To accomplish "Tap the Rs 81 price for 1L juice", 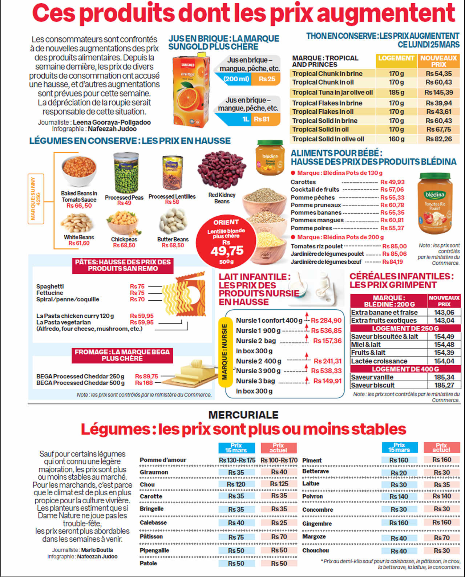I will [262, 119].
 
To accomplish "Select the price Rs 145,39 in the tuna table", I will [439, 93].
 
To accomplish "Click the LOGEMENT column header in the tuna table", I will [396, 58].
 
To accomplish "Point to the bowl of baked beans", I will [79, 171].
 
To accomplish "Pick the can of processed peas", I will [126, 172].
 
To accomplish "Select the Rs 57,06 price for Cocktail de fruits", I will [392, 190].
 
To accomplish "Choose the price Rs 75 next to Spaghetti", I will [137, 287].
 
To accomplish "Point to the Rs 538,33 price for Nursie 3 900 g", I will [326, 371].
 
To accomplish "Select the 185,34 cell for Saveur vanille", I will [444, 377].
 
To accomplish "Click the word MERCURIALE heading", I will [243, 415].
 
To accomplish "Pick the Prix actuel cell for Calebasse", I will [279, 523].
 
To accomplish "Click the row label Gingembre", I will [317, 524].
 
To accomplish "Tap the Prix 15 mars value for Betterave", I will [399, 473].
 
